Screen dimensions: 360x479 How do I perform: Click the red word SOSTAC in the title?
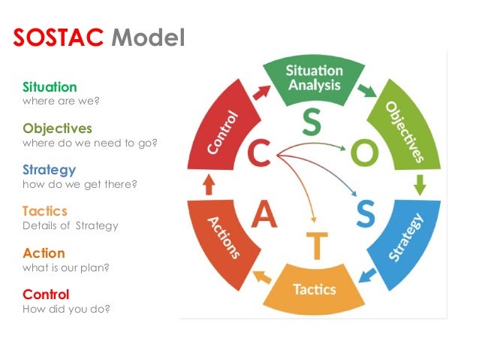pos(59,38)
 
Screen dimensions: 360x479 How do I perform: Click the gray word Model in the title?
pos(147,38)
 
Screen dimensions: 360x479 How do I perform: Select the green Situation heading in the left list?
pos(50,87)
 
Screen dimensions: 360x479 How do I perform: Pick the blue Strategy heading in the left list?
pos(49,170)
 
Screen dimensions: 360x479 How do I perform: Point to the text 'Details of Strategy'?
pos(70,225)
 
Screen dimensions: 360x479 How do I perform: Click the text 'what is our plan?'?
pos(65,267)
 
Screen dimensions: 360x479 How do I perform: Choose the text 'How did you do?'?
pos(66,308)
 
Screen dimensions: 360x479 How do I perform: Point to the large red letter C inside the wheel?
pos(260,155)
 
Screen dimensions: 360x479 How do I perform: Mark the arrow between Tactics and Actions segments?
pos(262,277)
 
